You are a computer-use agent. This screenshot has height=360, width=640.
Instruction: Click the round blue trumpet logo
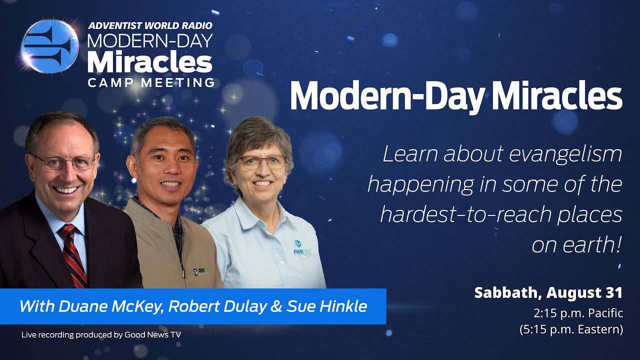[x=49, y=46]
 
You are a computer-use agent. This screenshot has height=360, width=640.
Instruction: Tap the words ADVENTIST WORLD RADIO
[x=149, y=25]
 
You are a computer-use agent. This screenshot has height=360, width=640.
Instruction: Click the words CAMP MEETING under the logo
[x=151, y=82]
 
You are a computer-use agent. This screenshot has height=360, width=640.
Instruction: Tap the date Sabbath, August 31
[x=548, y=292]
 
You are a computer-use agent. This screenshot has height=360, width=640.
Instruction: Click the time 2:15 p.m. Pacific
[x=578, y=313]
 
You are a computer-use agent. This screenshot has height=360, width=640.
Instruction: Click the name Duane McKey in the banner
[x=110, y=306]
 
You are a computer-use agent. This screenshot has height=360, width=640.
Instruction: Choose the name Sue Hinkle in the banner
[x=327, y=306]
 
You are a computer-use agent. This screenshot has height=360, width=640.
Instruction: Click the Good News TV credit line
[x=101, y=334]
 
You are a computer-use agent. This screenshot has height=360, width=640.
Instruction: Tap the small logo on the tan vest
[x=201, y=271]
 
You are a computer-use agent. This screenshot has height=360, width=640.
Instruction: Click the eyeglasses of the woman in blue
[x=262, y=161]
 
